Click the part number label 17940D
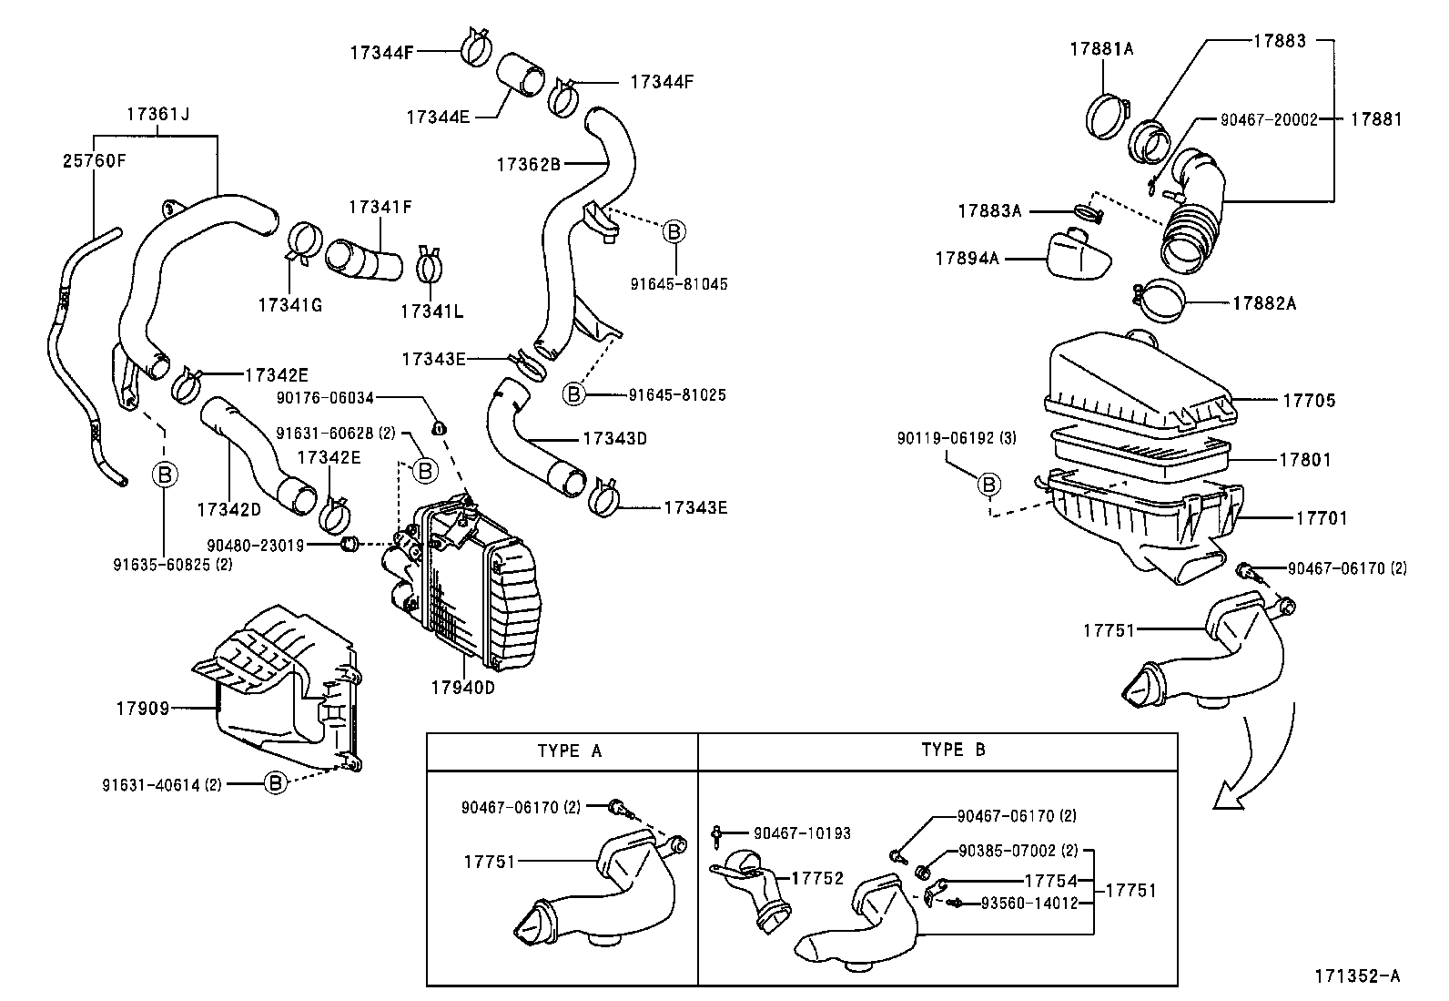[462, 688]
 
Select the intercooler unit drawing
[464, 583]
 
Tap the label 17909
[142, 708]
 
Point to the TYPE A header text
[569, 751]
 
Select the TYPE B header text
[953, 750]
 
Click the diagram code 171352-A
[1356, 975]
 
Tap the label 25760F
[94, 161]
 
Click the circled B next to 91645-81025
[574, 394]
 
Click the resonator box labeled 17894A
[1079, 257]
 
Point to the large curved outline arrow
[1261, 756]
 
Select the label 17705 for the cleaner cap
[1309, 400]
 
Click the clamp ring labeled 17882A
[1160, 301]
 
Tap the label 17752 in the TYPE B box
[817, 878]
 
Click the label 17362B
[528, 164]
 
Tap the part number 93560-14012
[1028, 903]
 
